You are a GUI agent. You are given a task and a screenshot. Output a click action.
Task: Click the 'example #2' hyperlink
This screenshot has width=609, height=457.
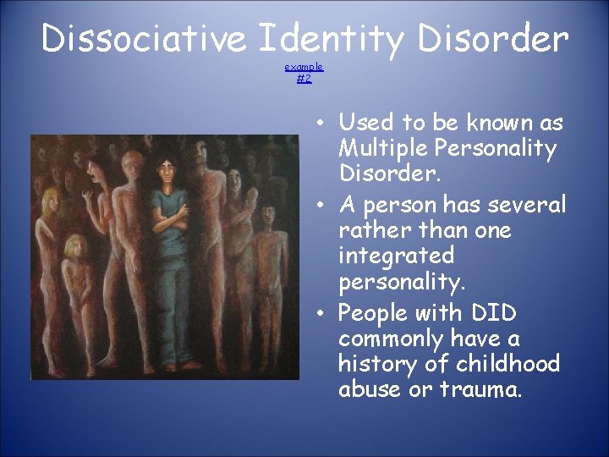point(304,72)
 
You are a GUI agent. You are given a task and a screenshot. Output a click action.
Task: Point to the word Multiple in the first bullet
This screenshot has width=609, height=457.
point(376,149)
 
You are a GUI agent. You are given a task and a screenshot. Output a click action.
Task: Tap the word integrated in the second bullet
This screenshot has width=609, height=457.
point(396,255)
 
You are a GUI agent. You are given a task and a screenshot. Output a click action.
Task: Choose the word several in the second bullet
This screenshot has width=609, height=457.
point(529,204)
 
